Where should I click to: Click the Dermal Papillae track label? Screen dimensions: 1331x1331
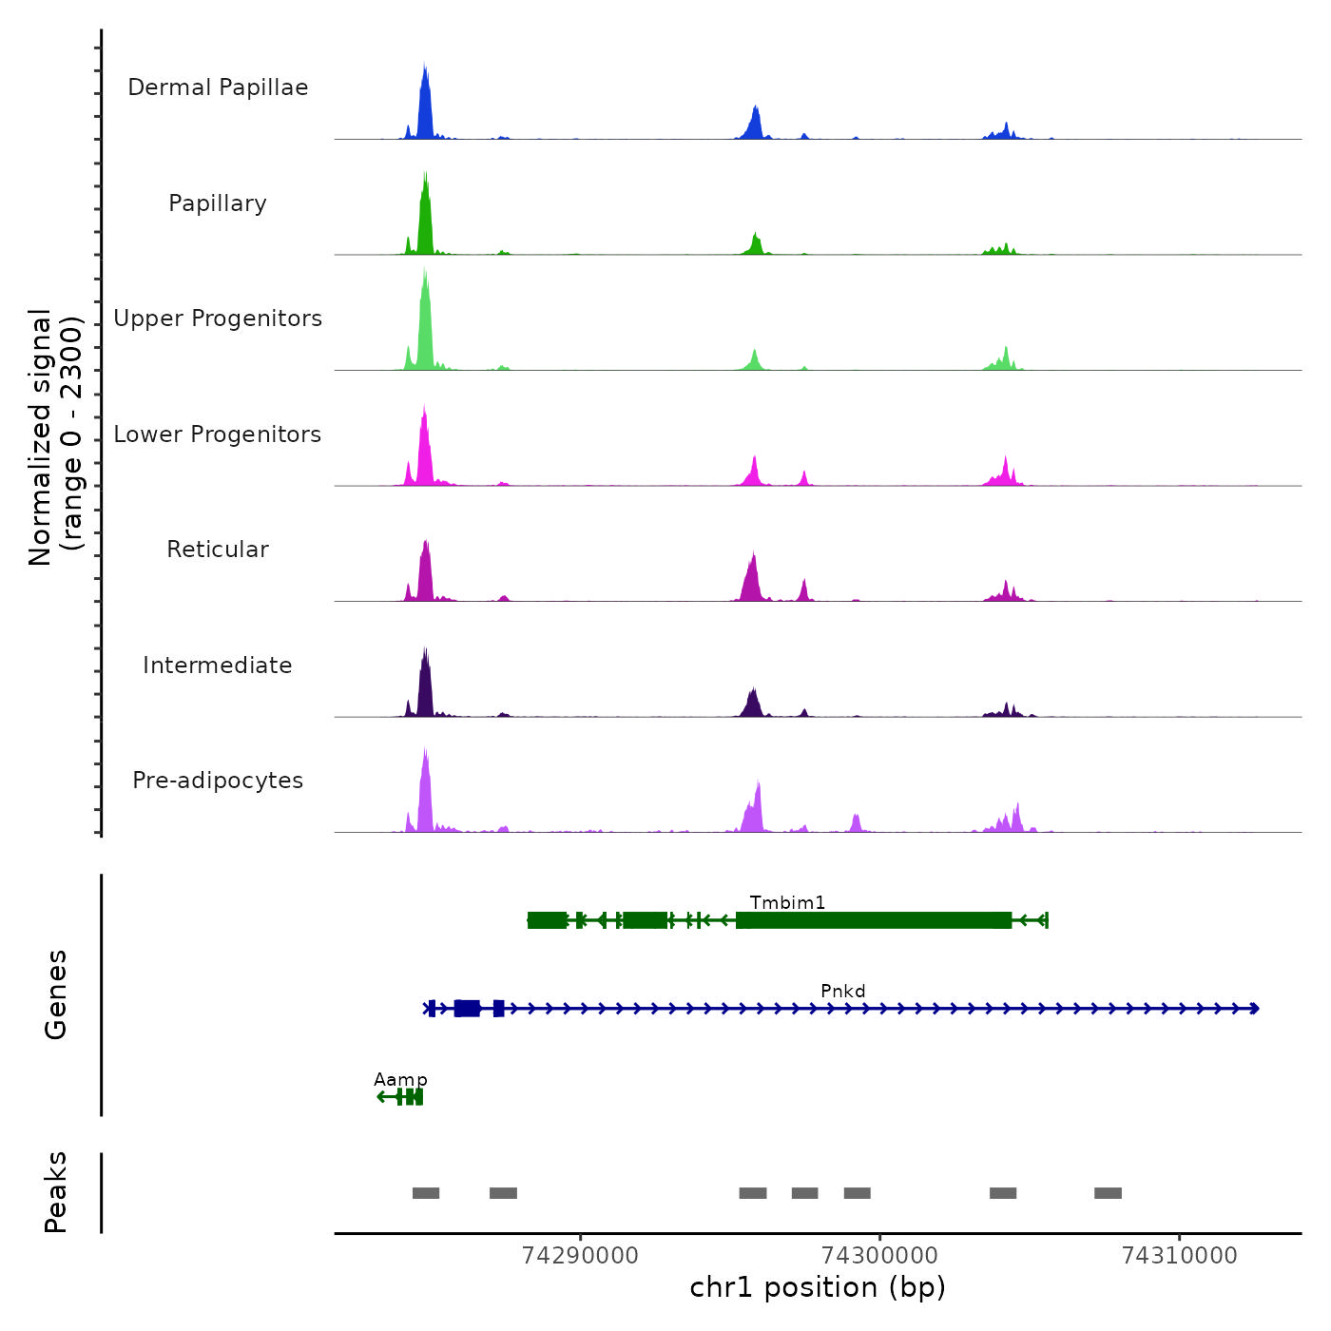point(218,87)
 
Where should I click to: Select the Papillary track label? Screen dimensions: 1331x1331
point(218,203)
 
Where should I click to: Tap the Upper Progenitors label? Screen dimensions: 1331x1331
point(218,318)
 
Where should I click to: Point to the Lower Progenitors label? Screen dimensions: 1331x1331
point(218,434)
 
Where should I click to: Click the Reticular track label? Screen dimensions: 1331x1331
point(218,550)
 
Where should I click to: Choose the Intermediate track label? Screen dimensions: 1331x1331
point(218,665)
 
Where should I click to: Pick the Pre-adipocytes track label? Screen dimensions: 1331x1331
point(218,781)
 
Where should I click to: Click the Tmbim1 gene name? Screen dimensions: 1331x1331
point(787,902)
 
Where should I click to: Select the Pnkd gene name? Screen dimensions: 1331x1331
point(843,991)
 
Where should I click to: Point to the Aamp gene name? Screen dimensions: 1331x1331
point(400,1079)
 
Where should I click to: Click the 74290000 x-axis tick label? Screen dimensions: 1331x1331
point(580,1255)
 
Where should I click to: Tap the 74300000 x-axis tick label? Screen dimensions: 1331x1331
point(879,1255)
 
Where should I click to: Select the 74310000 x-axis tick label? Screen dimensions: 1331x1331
point(1180,1255)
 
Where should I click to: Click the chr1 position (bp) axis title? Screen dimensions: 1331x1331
point(818,1287)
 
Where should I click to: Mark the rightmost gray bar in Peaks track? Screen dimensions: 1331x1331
point(1108,1193)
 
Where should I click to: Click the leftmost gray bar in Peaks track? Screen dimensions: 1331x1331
point(426,1193)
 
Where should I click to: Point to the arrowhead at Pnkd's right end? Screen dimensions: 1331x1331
point(1255,1009)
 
